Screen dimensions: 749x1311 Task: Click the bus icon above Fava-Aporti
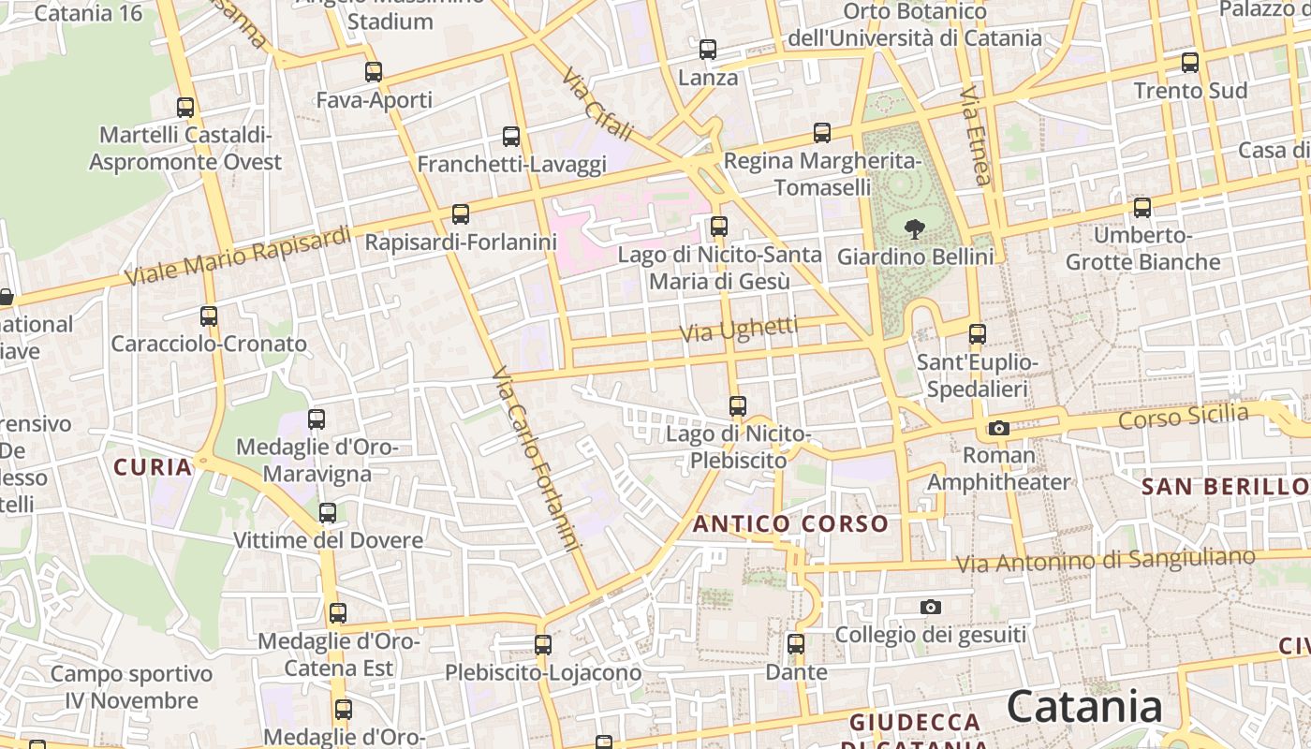pyautogui.click(x=374, y=71)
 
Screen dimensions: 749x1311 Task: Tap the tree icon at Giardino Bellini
pyautogui.click(x=914, y=228)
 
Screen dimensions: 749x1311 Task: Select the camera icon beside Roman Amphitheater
pyautogui.click(x=999, y=428)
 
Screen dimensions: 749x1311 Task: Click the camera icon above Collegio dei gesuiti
pyautogui.click(x=930, y=607)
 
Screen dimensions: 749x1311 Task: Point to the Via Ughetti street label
pyautogui.click(x=738, y=330)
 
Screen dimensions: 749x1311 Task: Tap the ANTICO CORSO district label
pyautogui.click(x=790, y=524)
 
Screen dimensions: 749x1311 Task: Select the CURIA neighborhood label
pyautogui.click(x=153, y=466)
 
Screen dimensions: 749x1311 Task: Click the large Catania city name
pyautogui.click(x=1084, y=707)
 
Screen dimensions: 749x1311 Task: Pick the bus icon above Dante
pyautogui.click(x=796, y=643)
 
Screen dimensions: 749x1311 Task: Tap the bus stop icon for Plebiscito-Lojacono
pyautogui.click(x=543, y=644)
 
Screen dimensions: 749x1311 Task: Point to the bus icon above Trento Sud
pyautogui.click(x=1190, y=63)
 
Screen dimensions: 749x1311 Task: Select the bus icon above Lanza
pyautogui.click(x=708, y=49)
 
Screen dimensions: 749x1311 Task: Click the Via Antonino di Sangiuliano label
pyautogui.click(x=1105, y=560)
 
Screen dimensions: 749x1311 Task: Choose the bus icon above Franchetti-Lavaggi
pyautogui.click(x=511, y=136)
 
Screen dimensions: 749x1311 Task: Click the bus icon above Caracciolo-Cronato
pyautogui.click(x=209, y=316)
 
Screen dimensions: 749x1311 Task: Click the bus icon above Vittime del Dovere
pyautogui.click(x=328, y=512)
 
